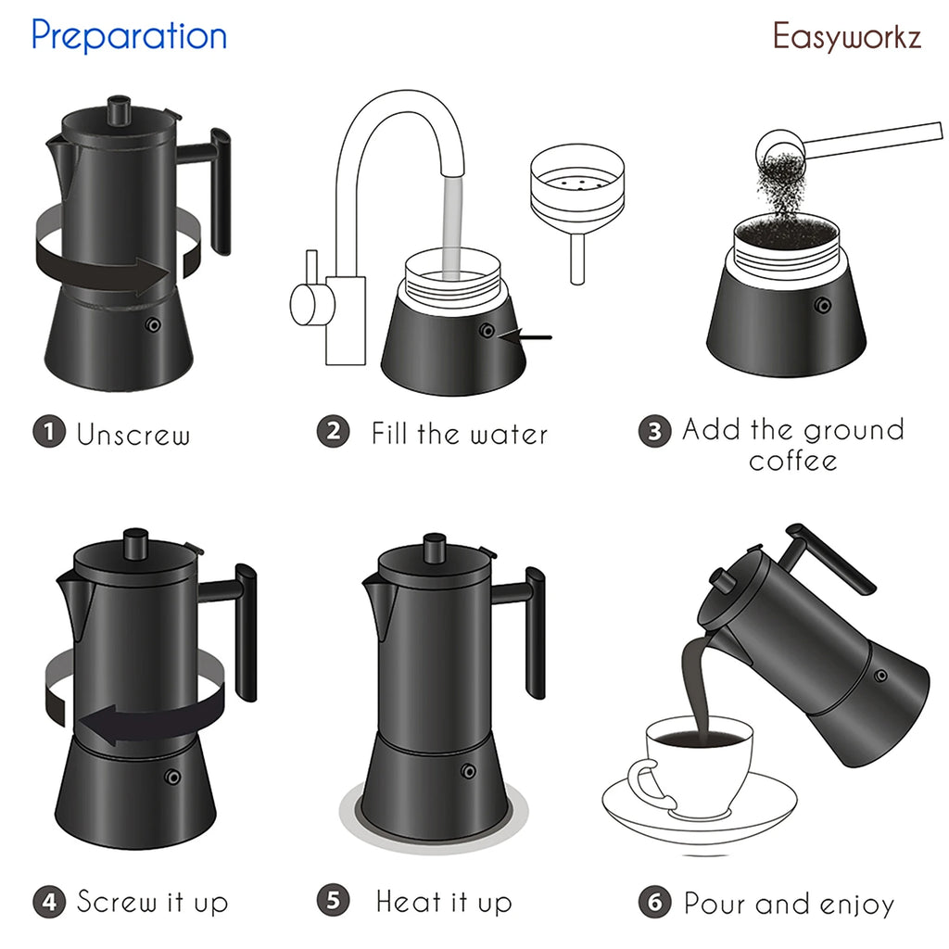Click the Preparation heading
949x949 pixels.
[x=129, y=36]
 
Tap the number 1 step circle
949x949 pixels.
[x=49, y=432]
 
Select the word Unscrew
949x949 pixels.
[x=133, y=434]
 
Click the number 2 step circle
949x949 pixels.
[x=333, y=432]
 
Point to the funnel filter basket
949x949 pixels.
[x=576, y=190]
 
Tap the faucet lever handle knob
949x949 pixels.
[x=305, y=305]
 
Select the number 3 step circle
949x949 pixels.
[x=654, y=432]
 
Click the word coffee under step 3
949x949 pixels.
[x=793, y=461]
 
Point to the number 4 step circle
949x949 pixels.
[x=49, y=901]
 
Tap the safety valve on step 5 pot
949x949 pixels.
[x=469, y=770]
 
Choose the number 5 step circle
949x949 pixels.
[x=333, y=901]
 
